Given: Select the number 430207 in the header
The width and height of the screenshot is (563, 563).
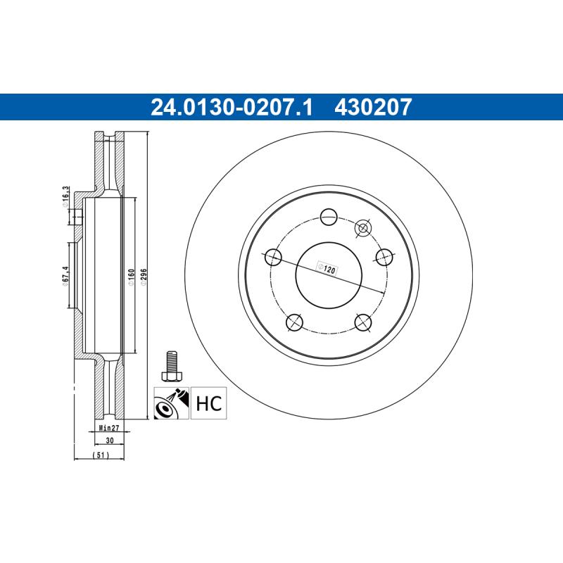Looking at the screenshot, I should coord(372,108).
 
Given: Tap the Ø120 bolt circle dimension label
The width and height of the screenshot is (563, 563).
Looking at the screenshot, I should coord(327,268).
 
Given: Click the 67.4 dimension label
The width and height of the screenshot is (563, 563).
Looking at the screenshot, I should coord(65,274).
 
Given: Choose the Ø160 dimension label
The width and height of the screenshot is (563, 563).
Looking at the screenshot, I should coord(131,277).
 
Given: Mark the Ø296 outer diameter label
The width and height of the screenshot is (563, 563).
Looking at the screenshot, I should coord(144,277).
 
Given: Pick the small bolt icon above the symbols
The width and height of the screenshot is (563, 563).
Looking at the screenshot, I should coord(170,365).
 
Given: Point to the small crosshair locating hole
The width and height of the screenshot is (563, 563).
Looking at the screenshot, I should coord(363,227).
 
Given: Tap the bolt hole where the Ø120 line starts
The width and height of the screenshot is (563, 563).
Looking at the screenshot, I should coord(273,257).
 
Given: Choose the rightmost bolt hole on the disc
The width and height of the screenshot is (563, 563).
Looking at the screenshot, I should coord(384,257).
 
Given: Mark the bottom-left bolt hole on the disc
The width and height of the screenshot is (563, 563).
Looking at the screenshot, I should coord(295,322).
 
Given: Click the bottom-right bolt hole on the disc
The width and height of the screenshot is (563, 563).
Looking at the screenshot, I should coord(363,322).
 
